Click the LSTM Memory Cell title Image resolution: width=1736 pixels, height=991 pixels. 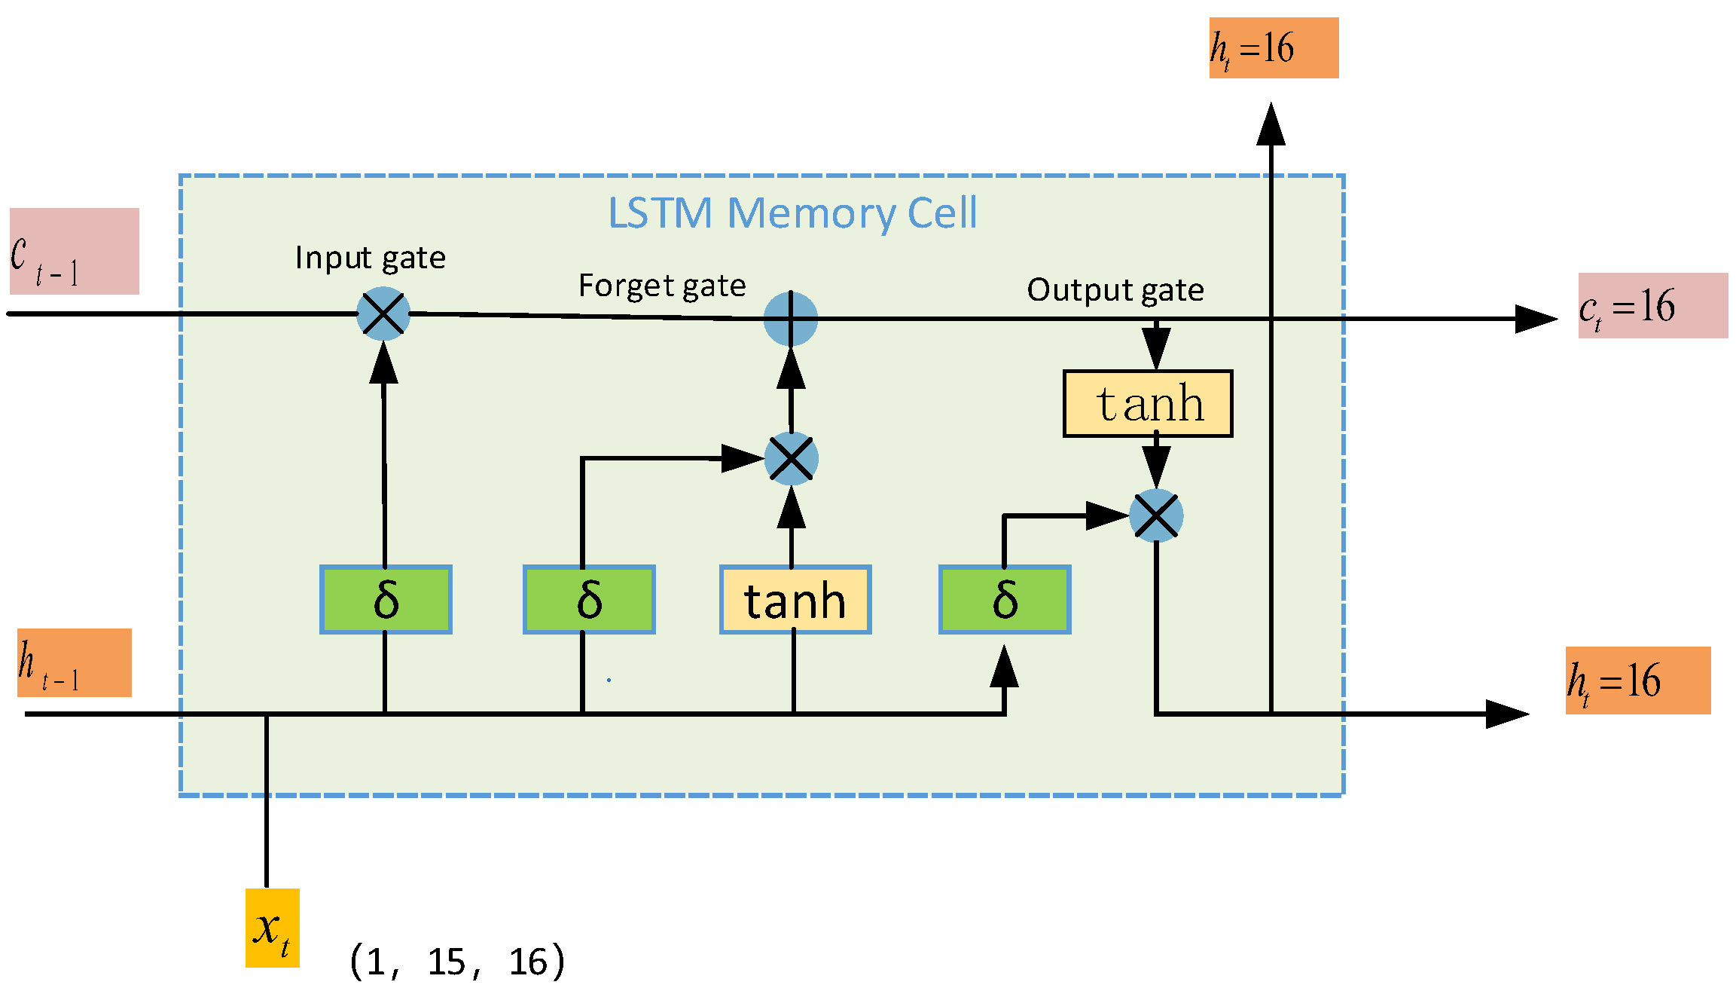(792, 213)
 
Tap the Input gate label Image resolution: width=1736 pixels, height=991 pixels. (370, 258)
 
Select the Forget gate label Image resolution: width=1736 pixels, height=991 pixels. (662, 286)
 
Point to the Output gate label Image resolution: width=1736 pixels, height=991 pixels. (1115, 290)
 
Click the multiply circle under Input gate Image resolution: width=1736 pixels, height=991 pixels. (383, 314)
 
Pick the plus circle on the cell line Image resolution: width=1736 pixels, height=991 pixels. (790, 319)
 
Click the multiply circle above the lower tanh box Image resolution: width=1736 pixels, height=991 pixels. (791, 458)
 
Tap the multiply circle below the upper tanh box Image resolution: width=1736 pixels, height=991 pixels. (1156, 516)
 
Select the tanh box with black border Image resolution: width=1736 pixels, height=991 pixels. (1148, 404)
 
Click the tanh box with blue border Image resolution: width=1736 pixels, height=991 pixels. (795, 600)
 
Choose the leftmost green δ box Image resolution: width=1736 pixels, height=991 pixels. (386, 600)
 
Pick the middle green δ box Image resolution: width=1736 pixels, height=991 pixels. (589, 600)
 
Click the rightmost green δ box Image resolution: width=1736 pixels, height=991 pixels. (1005, 600)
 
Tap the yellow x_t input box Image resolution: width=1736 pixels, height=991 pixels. (273, 928)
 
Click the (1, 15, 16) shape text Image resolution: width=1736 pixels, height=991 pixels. (457, 962)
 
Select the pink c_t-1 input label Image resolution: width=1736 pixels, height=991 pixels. (75, 251)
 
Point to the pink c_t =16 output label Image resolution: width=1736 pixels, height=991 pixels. (1652, 306)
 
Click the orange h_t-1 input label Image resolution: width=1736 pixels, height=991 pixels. (75, 662)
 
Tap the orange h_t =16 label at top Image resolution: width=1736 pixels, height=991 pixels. (1274, 48)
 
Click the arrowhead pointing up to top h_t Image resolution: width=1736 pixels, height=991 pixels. (1271, 124)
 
